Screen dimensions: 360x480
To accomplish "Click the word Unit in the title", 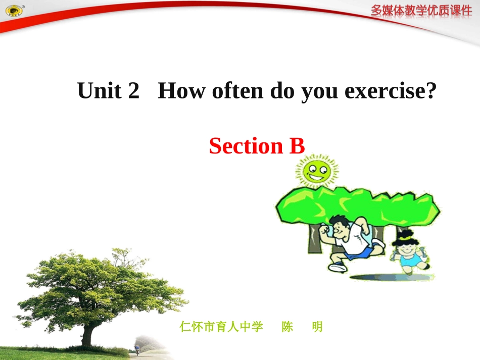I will tap(99, 91).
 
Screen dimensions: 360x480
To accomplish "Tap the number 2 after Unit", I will tap(133, 91).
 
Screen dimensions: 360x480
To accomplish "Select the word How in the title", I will tap(178, 91).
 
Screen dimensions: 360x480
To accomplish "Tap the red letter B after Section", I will tap(297, 146).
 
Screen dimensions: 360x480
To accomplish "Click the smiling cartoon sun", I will tap(317, 171).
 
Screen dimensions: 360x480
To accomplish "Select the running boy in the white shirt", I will tap(349, 237).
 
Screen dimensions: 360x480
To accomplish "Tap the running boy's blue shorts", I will tap(361, 251).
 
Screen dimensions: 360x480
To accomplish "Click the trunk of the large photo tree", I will tap(89, 333).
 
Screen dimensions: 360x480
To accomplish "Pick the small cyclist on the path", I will tap(137, 349).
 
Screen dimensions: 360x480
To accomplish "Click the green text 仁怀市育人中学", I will tap(221, 327).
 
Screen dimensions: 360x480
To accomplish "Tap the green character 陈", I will tap(287, 327).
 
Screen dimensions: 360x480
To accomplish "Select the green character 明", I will tap(317, 327).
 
